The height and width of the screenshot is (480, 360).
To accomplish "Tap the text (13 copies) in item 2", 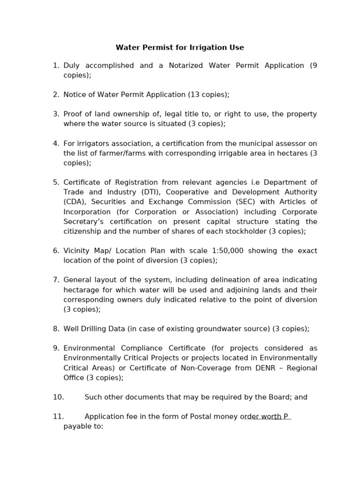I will click(x=209, y=95).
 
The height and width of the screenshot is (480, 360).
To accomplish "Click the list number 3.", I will click(x=56, y=114).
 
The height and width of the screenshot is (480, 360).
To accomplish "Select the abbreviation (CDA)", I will click(x=75, y=202).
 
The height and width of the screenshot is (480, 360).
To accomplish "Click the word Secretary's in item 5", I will click(x=82, y=222).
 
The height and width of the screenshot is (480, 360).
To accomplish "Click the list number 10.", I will click(x=58, y=397).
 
